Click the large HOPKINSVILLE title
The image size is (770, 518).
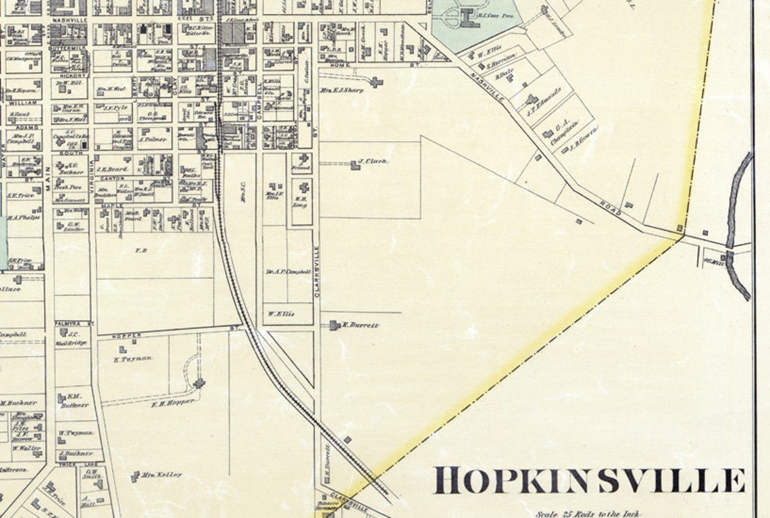pyautogui.click(x=589, y=480)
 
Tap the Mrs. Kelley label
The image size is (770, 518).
pyautogui.click(x=162, y=475)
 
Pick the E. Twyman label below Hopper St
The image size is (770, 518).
pyautogui.click(x=133, y=359)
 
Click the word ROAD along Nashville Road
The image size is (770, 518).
pyautogui.click(x=609, y=209)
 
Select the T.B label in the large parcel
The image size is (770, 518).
pyautogui.click(x=141, y=250)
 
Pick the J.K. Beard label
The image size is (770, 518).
pyautogui.click(x=108, y=169)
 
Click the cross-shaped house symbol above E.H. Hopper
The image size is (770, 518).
pyautogui.click(x=199, y=384)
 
